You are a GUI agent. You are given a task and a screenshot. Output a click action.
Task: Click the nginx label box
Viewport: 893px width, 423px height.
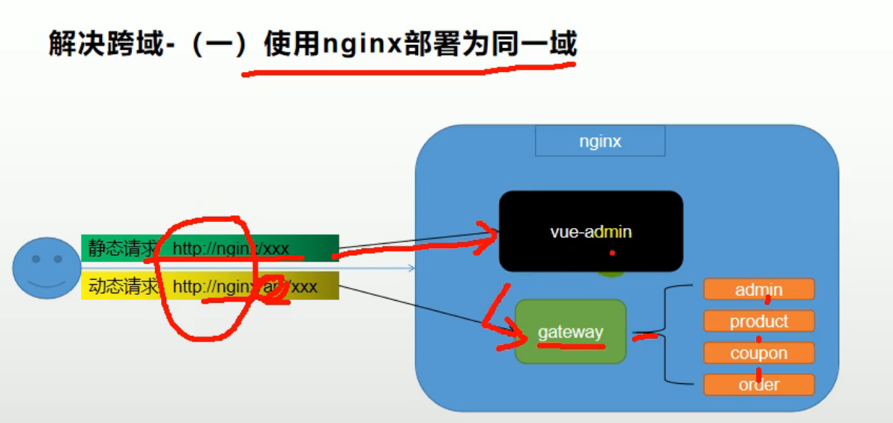click(600, 141)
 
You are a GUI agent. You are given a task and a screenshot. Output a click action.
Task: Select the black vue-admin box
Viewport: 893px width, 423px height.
click(591, 231)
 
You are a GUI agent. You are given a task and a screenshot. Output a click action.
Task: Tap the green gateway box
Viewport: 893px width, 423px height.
click(570, 331)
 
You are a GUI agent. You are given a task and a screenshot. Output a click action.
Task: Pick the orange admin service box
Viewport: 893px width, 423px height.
click(758, 289)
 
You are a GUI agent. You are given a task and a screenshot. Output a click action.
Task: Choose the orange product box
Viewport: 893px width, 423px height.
click(758, 321)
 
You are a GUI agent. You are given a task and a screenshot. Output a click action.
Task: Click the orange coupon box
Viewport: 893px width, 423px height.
click(758, 353)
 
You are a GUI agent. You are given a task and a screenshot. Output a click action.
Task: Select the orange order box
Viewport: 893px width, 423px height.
click(758, 385)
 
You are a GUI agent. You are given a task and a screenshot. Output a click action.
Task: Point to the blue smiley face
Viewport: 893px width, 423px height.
click(46, 268)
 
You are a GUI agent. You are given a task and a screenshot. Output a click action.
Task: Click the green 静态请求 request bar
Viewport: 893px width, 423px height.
click(210, 247)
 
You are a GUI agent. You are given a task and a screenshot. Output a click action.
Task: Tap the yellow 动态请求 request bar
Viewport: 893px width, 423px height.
click(210, 286)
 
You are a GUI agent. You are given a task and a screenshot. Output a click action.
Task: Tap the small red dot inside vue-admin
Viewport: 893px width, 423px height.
click(612, 253)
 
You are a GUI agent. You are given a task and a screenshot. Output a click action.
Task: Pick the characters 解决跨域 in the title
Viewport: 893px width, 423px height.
click(104, 43)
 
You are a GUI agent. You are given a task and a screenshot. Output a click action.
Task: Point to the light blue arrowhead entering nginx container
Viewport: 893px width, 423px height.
click(411, 267)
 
